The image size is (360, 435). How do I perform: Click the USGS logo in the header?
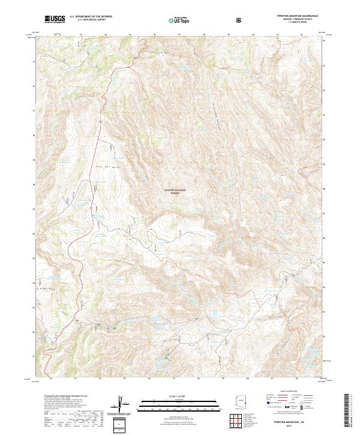tap(55, 20)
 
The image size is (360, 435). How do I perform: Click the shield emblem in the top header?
tap(240, 20)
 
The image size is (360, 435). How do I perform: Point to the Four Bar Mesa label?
tap(100, 163)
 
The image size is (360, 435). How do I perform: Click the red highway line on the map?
tap(70, 246)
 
